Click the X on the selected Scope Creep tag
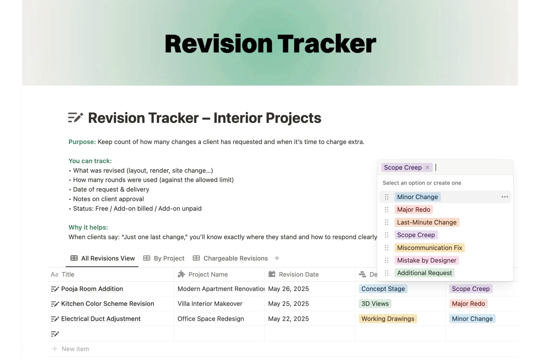point(427,167)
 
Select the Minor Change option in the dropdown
point(417,197)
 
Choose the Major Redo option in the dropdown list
point(414,210)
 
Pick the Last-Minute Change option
point(427,222)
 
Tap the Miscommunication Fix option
point(430,248)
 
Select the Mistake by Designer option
point(427,260)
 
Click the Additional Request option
point(425,273)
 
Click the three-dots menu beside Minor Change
point(505,197)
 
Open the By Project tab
point(164,258)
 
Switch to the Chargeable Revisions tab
point(230,258)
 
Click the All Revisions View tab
point(103,258)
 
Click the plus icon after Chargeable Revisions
point(277,258)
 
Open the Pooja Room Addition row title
point(92,289)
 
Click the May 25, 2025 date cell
point(288,304)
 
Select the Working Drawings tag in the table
point(388,319)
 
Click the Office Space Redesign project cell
point(211,319)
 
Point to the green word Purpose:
point(82,142)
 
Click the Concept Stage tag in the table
point(383,289)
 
